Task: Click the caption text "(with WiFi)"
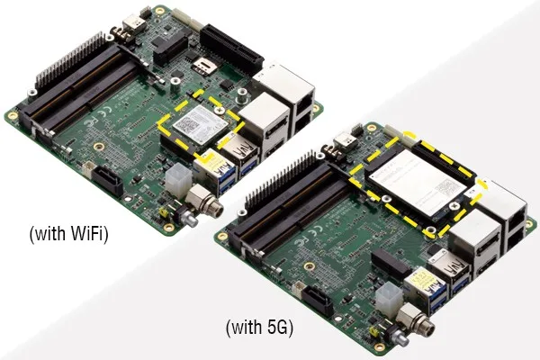[x=69, y=234]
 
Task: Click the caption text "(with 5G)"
[x=260, y=327]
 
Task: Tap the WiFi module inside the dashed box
[x=201, y=124]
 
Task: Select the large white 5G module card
[x=423, y=183]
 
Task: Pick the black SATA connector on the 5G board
[x=319, y=301]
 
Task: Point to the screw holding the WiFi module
[x=219, y=110]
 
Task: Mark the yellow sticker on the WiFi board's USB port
[x=211, y=162]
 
